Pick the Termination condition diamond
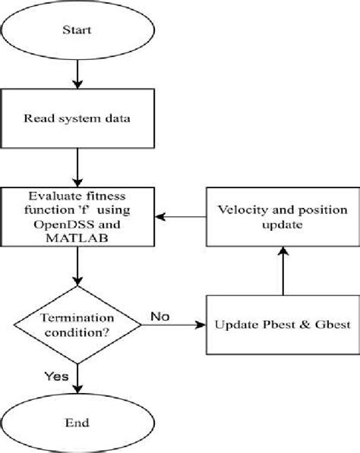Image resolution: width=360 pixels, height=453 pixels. coord(78,325)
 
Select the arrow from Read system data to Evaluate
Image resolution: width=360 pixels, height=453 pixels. coord(78,169)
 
